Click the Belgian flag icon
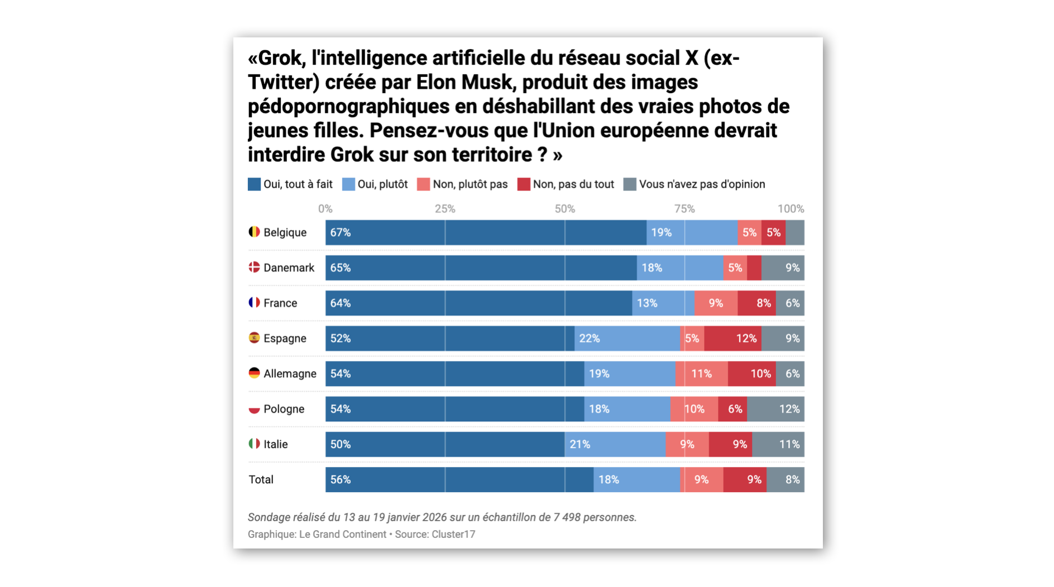254,232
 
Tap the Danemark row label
289,268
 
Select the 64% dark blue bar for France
478,303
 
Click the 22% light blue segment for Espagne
627,339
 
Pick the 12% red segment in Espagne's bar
732,339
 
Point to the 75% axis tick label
684,209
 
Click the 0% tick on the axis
325,209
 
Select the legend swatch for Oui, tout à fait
255,185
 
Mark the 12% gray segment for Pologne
775,409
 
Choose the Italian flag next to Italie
254,444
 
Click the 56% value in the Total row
341,480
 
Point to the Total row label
261,480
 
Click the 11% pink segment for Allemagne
701,374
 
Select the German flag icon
254,373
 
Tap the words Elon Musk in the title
463,83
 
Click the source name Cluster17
453,535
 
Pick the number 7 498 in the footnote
567,517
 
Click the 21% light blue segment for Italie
615,445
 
